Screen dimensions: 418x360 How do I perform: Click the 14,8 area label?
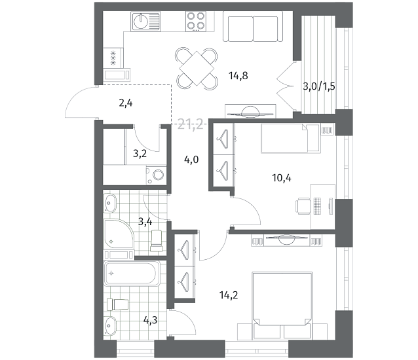pos(238,76)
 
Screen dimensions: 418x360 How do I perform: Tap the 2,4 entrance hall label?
pos(126,103)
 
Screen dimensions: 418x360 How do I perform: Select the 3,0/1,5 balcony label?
pos(319,86)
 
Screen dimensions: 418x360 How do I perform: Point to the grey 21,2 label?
pos(191,124)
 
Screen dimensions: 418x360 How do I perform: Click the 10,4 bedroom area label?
pos(282,178)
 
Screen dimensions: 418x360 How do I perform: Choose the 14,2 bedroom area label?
pos(229,295)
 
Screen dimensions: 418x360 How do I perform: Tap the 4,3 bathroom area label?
pos(150,320)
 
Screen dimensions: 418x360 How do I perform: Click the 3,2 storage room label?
pos(140,154)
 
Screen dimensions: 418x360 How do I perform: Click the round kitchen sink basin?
pos(140,21)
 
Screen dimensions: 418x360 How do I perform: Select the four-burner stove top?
pos(196,22)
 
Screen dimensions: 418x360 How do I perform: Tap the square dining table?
pos(197,69)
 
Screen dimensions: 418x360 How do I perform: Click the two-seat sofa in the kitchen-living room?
pos(253,26)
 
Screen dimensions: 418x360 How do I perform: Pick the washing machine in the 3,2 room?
pos(156,175)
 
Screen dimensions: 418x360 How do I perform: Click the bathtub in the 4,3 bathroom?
pos(132,274)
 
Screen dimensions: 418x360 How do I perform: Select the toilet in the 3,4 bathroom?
pos(157,241)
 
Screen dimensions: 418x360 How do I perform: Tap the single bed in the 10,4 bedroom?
pos(290,139)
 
